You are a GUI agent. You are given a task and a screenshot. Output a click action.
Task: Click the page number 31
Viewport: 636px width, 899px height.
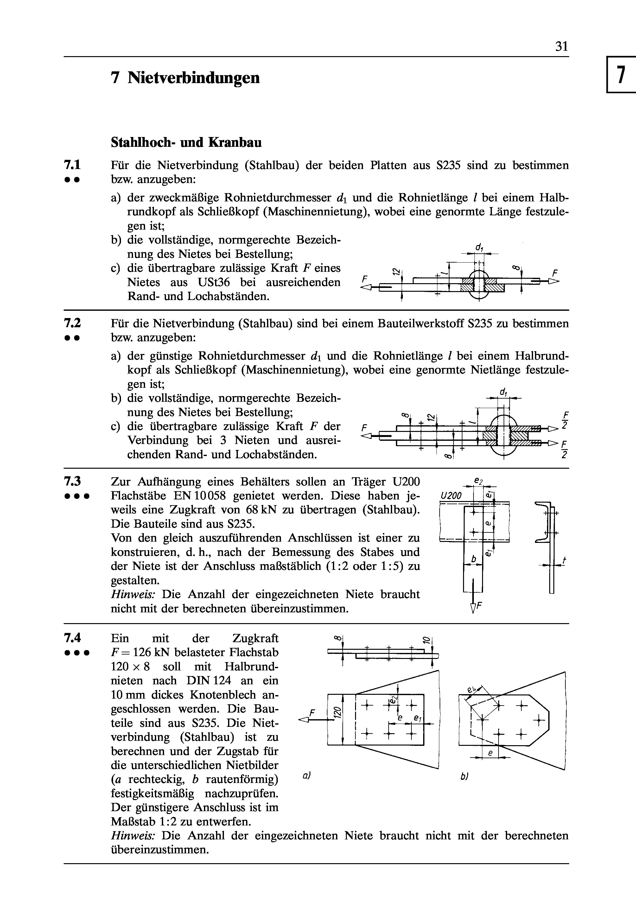coord(561,47)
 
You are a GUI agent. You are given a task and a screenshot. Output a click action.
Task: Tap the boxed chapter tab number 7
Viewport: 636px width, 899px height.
coord(620,75)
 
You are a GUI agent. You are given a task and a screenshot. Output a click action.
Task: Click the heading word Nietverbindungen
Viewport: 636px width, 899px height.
coord(194,78)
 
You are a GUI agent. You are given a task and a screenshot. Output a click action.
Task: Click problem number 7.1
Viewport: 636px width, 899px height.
coord(72,164)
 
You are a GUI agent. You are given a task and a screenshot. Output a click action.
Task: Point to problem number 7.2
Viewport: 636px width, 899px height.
coord(72,323)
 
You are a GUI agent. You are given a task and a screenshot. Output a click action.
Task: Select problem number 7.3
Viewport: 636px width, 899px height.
coord(72,481)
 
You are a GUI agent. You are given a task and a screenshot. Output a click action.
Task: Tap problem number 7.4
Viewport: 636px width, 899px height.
coord(72,638)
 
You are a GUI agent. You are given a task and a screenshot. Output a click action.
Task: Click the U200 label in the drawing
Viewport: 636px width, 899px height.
coord(451,496)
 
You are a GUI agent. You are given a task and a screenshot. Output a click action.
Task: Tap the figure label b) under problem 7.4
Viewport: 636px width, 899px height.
coord(464,777)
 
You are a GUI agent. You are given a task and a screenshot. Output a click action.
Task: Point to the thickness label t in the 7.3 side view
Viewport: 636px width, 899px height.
coord(564,561)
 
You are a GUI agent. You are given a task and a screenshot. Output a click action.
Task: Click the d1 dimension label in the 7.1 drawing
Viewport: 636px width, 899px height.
coord(479,247)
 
